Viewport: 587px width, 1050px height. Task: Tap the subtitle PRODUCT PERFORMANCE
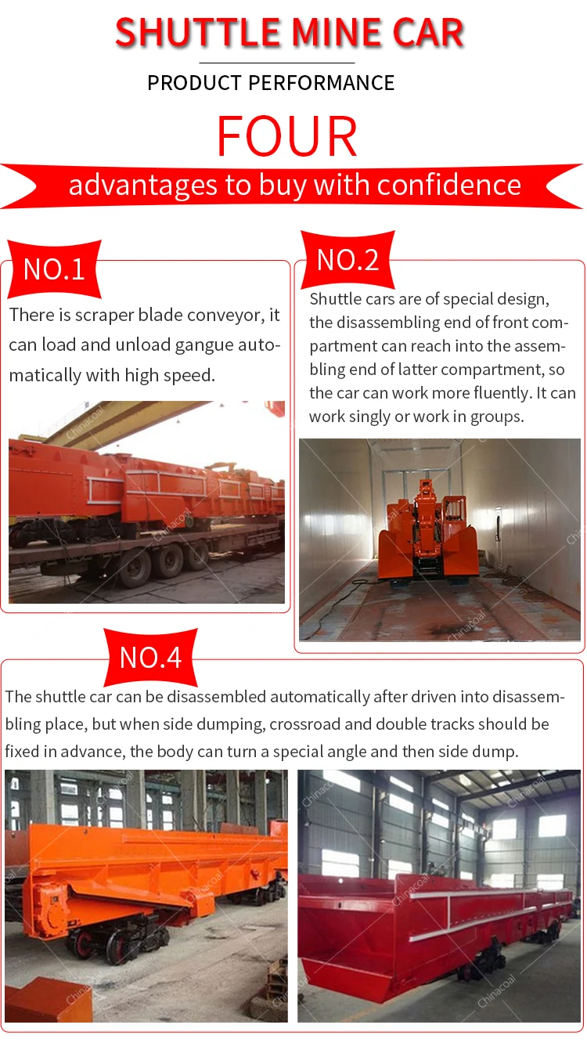click(x=271, y=83)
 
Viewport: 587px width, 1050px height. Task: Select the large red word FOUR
click(x=287, y=136)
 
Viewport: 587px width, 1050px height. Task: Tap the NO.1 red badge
click(x=54, y=269)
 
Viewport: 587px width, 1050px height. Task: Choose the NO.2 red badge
click(x=348, y=259)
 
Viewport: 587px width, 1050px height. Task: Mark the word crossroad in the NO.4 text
click(x=308, y=724)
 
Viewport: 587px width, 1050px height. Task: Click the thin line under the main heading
click(x=276, y=63)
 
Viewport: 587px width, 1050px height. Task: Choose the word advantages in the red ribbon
click(x=132, y=185)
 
